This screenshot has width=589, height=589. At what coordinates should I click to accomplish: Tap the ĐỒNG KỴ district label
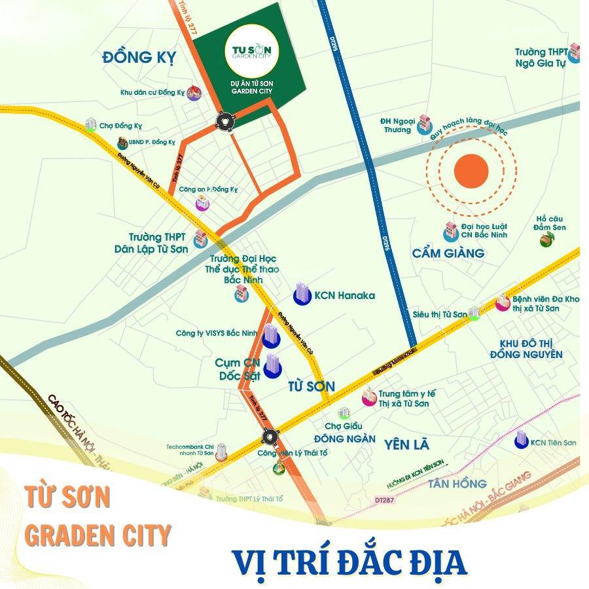pos(139,58)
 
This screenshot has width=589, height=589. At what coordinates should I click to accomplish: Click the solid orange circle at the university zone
pos(471,170)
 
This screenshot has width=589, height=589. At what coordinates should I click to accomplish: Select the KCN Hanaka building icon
pos(302,294)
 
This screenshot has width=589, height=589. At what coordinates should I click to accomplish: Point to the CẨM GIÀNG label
pos(448,253)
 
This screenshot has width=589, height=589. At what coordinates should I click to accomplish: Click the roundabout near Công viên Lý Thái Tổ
pos(269,437)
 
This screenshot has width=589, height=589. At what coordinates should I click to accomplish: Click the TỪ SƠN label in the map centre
pos(311,386)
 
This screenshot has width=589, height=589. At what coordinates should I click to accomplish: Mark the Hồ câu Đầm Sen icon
pos(546,240)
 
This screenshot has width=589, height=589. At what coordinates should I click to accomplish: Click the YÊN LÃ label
pos(407,445)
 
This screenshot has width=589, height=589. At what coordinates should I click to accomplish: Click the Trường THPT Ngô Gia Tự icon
pos(574,52)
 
